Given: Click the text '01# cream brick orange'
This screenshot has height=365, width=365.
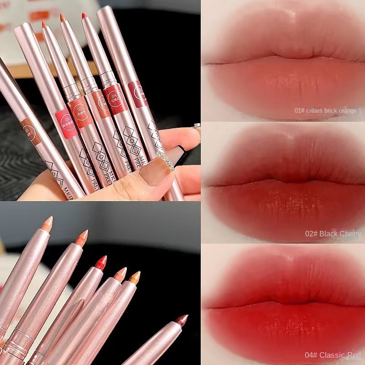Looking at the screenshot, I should pyautogui.click(x=328, y=110).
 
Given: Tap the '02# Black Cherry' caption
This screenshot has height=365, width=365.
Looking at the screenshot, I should pyautogui.click(x=333, y=234).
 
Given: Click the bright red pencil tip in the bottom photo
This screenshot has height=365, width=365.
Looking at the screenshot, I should pyautogui.click(x=100, y=262).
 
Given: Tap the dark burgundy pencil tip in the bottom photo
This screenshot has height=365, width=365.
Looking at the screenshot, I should pyautogui.click(x=182, y=320).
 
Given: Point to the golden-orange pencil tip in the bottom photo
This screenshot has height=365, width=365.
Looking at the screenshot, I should pyautogui.click(x=135, y=277).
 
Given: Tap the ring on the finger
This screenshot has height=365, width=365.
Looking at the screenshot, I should pyautogui.click(x=198, y=130).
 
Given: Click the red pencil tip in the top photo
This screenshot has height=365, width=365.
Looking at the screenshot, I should pyautogui.click(x=84, y=16).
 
